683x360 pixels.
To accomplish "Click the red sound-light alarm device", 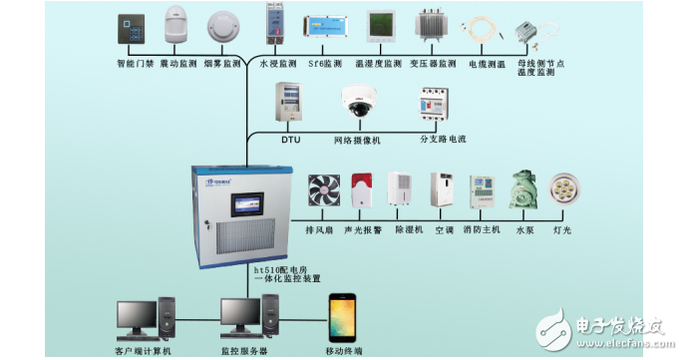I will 360,190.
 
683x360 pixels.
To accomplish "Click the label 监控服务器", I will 246,352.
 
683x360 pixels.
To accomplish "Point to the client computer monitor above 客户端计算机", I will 136,315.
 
